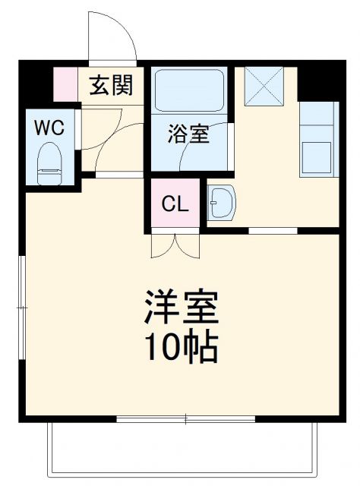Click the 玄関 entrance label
tap(111, 86)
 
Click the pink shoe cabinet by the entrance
tap(65, 84)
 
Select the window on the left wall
tap(23, 307)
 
